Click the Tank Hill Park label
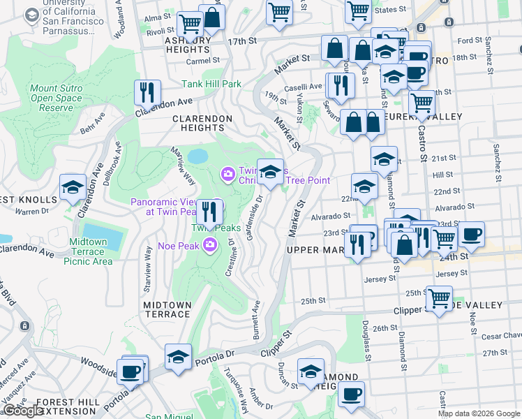click(x=211, y=84)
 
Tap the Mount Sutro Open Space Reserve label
click(x=61, y=98)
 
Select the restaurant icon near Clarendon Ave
click(x=147, y=92)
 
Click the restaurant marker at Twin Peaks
click(x=209, y=211)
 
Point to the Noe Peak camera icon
click(x=210, y=244)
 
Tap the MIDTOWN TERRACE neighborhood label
click(x=167, y=309)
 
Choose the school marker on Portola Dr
click(x=178, y=357)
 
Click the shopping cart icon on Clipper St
click(x=439, y=299)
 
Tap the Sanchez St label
click(x=496, y=158)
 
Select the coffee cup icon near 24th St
click(x=471, y=235)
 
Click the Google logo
click(x=22, y=411)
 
